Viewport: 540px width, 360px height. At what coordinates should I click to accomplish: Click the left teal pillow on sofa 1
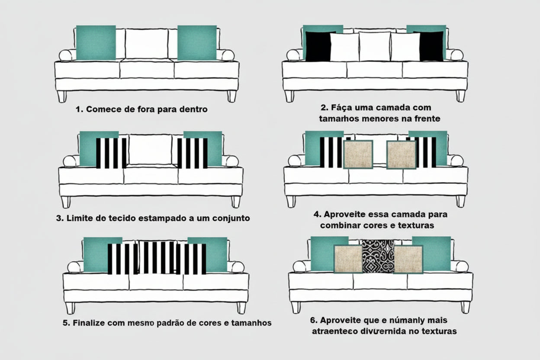96,42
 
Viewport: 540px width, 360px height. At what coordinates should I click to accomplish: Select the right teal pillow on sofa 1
197,42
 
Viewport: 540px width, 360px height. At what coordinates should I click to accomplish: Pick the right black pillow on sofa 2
431,46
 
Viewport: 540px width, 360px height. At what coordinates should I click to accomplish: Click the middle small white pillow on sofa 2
375,46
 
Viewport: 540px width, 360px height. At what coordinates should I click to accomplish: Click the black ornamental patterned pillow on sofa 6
378,256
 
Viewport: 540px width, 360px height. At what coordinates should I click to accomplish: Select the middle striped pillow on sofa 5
157,257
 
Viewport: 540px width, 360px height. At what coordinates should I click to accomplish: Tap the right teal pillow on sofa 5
212,254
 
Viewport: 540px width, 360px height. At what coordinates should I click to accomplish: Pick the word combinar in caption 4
337,225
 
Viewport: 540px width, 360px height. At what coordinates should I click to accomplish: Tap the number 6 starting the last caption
312,321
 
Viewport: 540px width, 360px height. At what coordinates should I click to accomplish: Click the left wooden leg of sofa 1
62,96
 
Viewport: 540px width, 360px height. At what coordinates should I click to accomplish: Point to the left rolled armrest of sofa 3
71,161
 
